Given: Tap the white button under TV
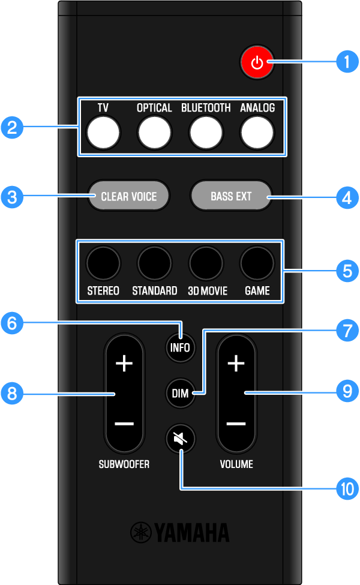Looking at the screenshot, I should click(103, 133).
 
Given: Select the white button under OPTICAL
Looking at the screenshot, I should click(154, 133).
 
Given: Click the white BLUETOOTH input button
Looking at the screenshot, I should click(206, 133).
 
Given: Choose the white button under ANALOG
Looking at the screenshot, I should click(257, 133).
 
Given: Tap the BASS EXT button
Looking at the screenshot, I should click(231, 196).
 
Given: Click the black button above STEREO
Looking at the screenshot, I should click(103, 263).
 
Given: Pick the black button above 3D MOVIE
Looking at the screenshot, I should click(206, 263).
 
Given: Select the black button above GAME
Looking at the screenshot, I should click(257, 263).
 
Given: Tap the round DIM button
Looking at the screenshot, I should click(180, 394).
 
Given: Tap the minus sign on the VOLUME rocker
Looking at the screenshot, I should click(236, 424).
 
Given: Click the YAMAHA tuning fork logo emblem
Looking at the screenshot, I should click(142, 532).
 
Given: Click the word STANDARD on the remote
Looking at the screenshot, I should click(154, 291).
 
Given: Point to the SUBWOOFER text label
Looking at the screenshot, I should click(125, 464).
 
